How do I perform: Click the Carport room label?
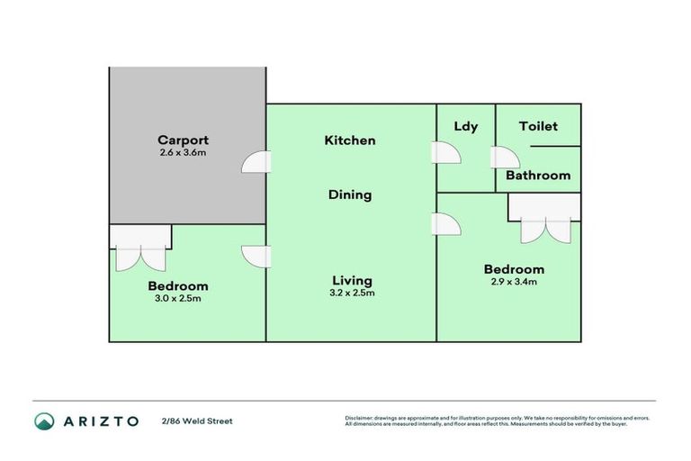(183, 140)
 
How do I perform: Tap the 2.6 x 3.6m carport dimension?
(183, 153)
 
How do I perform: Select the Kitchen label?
(350, 140)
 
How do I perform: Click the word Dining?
(350, 194)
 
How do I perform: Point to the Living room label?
(350, 280)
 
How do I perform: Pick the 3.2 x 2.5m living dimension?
(350, 293)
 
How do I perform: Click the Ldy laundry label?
(465, 126)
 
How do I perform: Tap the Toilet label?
(538, 126)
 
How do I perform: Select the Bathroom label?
(538, 176)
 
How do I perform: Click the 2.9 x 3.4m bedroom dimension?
(514, 283)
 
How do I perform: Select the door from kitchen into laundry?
(447, 153)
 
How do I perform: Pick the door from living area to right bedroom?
(446, 225)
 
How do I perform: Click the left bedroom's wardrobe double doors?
(140, 258)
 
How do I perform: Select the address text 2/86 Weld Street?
(197, 420)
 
